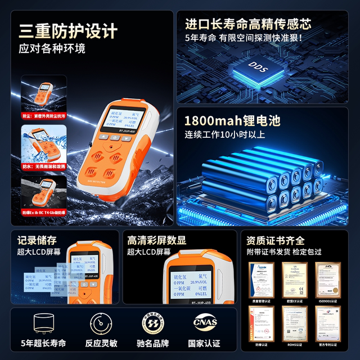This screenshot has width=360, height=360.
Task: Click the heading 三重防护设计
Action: (x=68, y=29)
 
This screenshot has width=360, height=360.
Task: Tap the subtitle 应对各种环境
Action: (x=52, y=48)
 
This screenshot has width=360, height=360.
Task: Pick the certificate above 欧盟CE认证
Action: (x=293, y=276)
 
